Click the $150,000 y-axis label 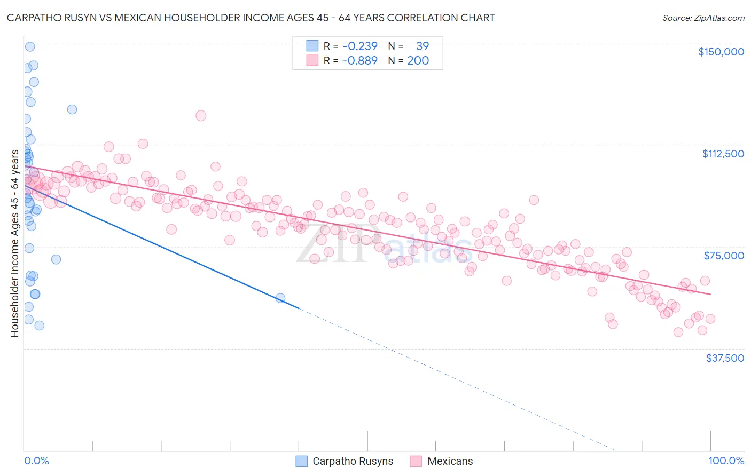pyautogui.click(x=721, y=52)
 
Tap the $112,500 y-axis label pyautogui.click(x=723, y=154)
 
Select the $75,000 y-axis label pyautogui.click(x=724, y=256)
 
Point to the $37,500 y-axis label pyautogui.click(x=725, y=358)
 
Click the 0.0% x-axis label pyautogui.click(x=36, y=461)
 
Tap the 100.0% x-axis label pyautogui.click(x=726, y=461)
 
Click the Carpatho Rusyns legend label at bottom pyautogui.click(x=353, y=462)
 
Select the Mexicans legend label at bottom pyautogui.click(x=450, y=462)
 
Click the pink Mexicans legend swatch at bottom pyautogui.click(x=416, y=462)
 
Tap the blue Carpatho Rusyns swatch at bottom pyautogui.click(x=301, y=462)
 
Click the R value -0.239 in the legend pyautogui.click(x=360, y=46)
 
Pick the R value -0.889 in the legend pyautogui.click(x=360, y=60)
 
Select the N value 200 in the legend pyautogui.click(x=418, y=60)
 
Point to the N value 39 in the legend pyautogui.click(x=422, y=46)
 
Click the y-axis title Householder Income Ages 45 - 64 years pyautogui.click(x=15, y=243)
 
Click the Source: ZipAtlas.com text pyautogui.click(x=703, y=18)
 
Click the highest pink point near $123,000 pyautogui.click(x=201, y=116)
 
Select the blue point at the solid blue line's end pyautogui.click(x=280, y=298)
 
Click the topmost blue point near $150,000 pyautogui.click(x=30, y=46)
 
